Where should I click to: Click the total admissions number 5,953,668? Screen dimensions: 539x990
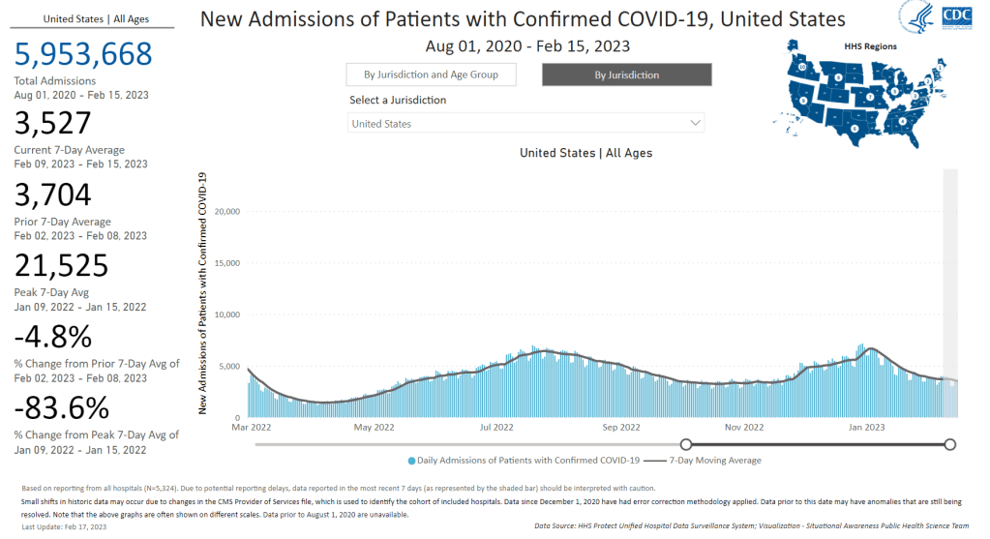coord(83,54)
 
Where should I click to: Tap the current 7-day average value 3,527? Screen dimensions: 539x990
coord(52,123)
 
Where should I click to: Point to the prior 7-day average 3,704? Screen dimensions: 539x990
coord(52,195)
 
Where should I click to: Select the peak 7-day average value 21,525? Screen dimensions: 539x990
coord(61,266)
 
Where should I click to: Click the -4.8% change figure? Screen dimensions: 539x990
coord(53,337)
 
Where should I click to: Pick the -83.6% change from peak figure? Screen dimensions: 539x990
coord(61,406)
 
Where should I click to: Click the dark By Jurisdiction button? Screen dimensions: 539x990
coord(626,75)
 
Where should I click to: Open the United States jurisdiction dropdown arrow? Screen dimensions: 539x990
coord(695,124)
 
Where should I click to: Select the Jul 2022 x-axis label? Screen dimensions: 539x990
coord(497,426)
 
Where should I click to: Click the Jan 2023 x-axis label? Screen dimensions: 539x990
coord(866,426)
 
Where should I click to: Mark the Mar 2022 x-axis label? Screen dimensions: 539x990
coord(250,426)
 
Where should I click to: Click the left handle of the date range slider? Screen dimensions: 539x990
coord(686,444)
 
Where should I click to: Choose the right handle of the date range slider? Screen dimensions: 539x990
coord(949,444)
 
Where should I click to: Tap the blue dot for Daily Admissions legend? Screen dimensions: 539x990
coord(413,461)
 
